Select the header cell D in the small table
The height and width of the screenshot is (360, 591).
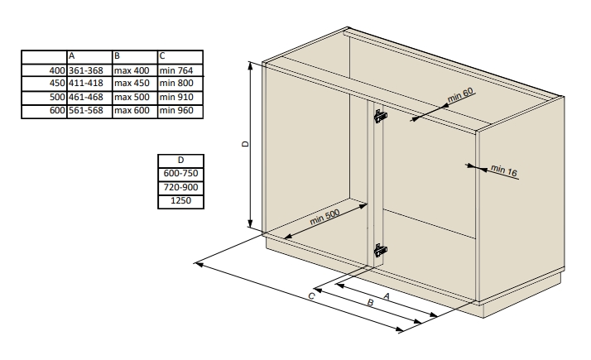pos(180,161)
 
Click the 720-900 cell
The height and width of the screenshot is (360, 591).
pos(180,187)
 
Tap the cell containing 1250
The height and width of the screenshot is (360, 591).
pos(180,200)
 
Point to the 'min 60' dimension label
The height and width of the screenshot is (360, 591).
pos(460,95)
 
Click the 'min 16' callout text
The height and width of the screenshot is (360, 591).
pos(504,170)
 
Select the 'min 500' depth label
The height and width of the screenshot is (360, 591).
pos(324,217)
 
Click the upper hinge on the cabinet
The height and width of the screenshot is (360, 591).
pos(380,116)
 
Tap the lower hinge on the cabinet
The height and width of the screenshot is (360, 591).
pos(380,250)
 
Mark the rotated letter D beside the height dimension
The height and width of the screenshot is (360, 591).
pos(245,144)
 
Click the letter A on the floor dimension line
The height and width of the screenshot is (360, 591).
pos(386,296)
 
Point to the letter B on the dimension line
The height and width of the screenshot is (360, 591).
pos(370,303)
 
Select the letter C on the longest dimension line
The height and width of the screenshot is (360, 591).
pos(311,296)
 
